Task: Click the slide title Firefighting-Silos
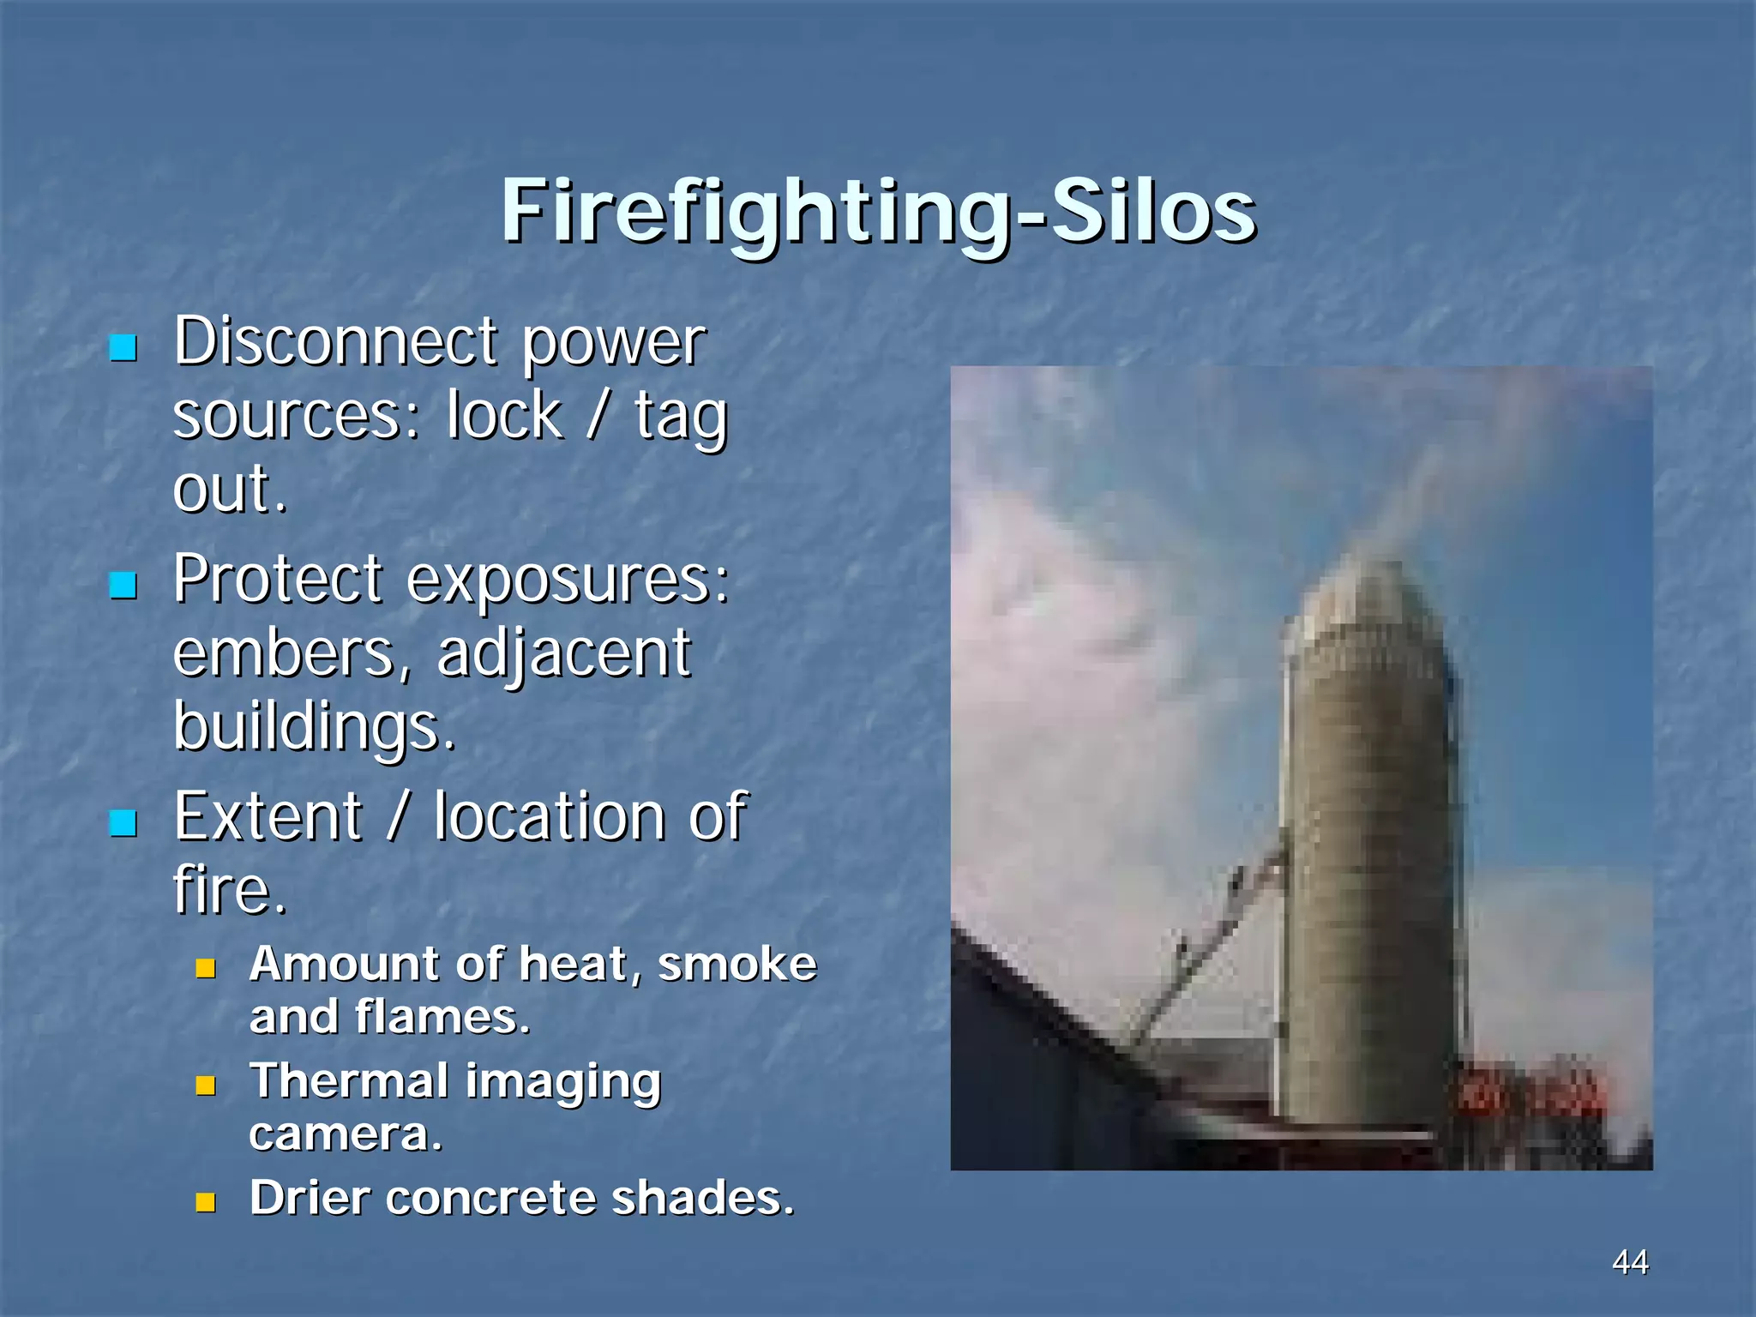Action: coord(878,211)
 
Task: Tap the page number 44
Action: coord(1630,1262)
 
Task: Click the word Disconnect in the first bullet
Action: coord(335,341)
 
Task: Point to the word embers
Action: coord(284,653)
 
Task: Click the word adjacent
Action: coord(563,653)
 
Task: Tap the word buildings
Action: coord(313,727)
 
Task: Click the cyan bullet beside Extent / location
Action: coord(123,822)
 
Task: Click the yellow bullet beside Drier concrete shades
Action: coord(205,1202)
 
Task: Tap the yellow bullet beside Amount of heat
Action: coord(205,968)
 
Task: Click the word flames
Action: coord(442,1017)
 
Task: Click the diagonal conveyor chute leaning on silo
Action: coord(1209,943)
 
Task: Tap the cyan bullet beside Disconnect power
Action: coord(123,347)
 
